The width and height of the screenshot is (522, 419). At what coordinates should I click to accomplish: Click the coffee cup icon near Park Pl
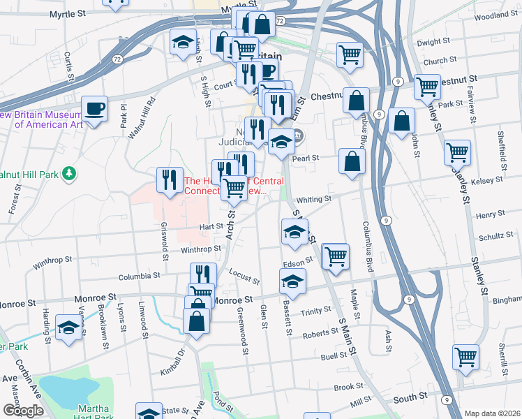94,109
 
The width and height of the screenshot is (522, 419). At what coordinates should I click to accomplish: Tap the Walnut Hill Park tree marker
68,172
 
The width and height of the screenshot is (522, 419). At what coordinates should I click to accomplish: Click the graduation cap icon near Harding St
68,328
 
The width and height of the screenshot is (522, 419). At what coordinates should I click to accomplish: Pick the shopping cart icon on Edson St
336,256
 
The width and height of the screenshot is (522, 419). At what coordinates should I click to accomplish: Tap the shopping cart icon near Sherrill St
465,357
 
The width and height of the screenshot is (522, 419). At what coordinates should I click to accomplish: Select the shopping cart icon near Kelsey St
457,152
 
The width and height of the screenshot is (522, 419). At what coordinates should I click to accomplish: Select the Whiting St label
313,200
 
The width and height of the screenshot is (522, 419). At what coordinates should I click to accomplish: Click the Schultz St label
496,237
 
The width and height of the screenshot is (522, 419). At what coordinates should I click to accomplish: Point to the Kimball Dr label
175,364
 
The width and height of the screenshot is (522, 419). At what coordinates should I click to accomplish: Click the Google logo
23,411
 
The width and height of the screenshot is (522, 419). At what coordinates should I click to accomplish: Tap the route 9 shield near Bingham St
405,300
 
